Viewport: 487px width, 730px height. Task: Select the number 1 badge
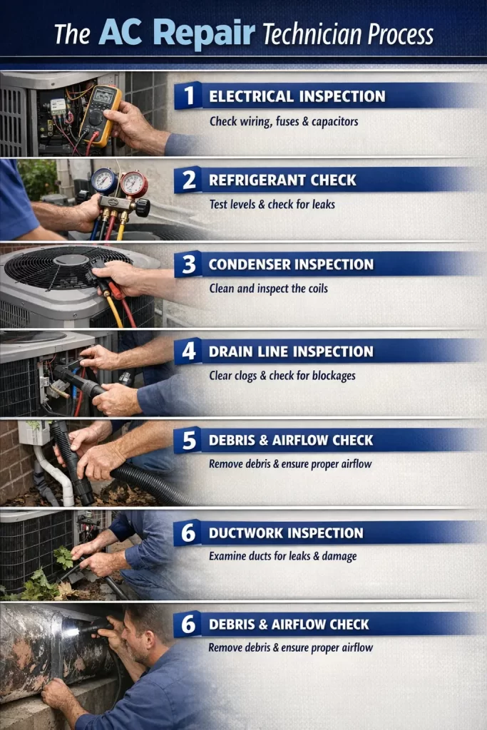coord(188,96)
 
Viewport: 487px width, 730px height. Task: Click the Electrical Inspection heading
coord(297,96)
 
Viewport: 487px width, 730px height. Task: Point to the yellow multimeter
coord(100,113)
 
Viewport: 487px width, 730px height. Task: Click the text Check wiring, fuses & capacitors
coord(284,121)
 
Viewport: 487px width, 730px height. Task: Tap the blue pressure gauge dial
coord(104,182)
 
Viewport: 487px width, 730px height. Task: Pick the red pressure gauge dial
coord(133,184)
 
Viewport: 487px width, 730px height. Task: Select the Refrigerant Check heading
coord(282,180)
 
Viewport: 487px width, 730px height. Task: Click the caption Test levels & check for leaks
coord(272,205)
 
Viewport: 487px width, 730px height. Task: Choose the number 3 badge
coord(188,264)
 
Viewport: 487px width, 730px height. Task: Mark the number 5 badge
coord(188,441)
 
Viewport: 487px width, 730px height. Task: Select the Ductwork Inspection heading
coord(286,533)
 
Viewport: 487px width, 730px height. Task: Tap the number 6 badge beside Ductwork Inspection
coord(188,533)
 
